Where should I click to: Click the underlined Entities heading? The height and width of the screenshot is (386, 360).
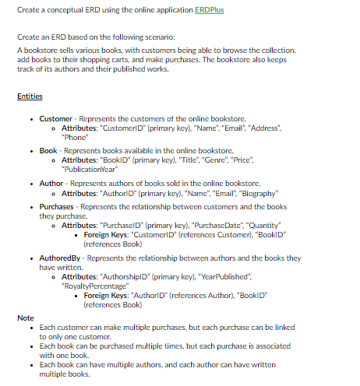pyautogui.click(x=30, y=96)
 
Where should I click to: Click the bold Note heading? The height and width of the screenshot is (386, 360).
pyautogui.click(x=25, y=318)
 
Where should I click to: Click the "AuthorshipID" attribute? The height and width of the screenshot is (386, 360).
pyautogui.click(x=121, y=277)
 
